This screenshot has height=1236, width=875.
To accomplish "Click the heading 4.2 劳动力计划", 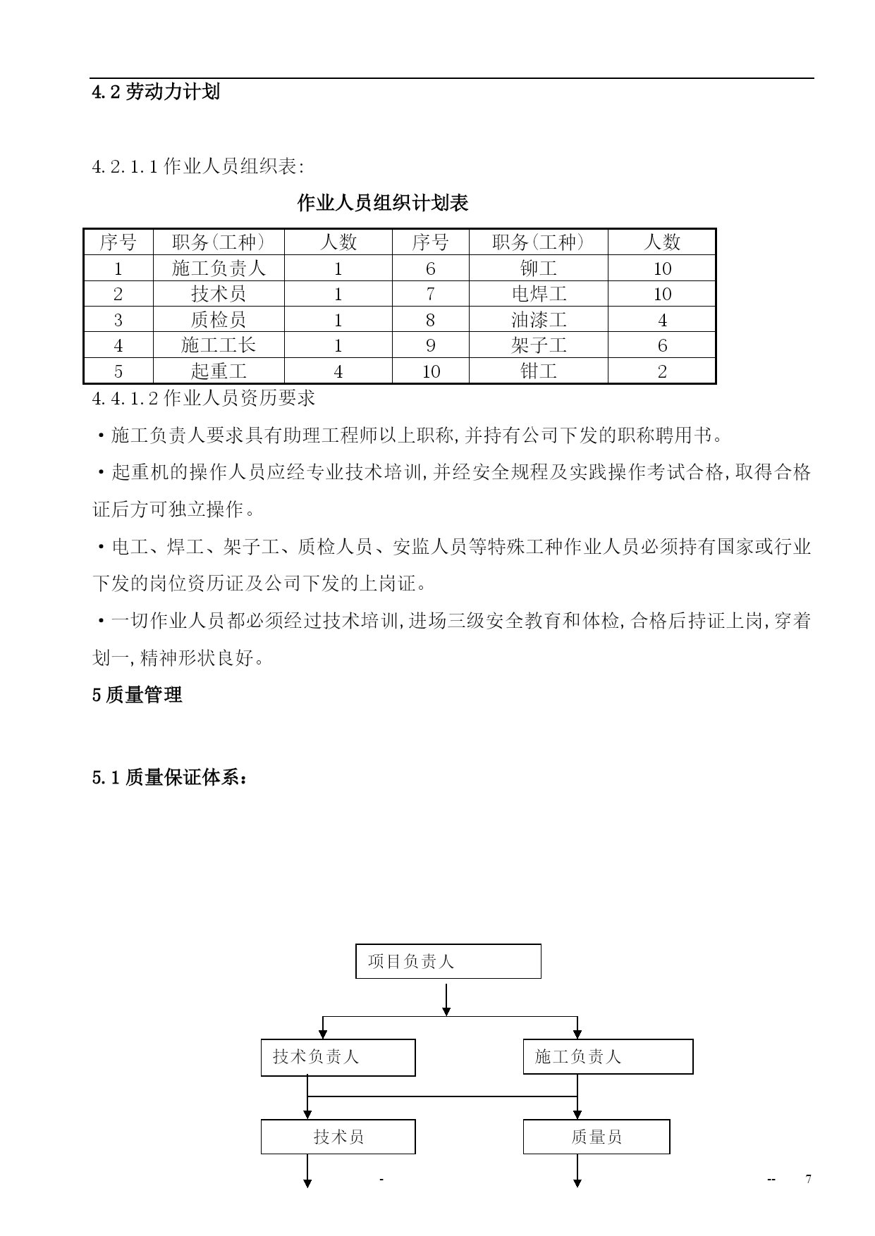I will [156, 92].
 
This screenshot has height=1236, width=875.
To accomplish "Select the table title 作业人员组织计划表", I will [383, 204].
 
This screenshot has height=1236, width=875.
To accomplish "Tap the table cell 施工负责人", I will [219, 268].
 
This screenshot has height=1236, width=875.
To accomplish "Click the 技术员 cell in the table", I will [219, 294].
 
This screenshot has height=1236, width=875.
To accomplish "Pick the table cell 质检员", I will [219, 320].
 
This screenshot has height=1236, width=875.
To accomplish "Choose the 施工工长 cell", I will [219, 345].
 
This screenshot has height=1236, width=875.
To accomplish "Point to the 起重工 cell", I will [219, 371].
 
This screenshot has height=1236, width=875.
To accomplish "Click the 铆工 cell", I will [539, 268].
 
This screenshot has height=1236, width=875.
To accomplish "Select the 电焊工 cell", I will [539, 294].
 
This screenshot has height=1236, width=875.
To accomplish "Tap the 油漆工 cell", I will [539, 320].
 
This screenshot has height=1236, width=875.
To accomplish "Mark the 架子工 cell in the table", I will [539, 345].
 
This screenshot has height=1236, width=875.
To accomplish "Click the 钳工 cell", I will [539, 371].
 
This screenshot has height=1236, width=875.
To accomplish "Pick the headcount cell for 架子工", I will [662, 345].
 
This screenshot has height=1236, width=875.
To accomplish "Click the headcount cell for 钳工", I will [662, 371].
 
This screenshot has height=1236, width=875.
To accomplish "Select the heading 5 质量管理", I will [137, 695].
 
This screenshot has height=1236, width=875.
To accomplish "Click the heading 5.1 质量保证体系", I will [170, 778].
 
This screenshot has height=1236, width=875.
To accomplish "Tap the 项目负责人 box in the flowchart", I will [448, 961].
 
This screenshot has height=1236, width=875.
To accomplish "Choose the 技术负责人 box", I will [338, 1057].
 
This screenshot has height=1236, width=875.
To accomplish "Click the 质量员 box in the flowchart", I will [596, 1137].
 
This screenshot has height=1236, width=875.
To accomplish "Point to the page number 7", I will [808, 1179].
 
